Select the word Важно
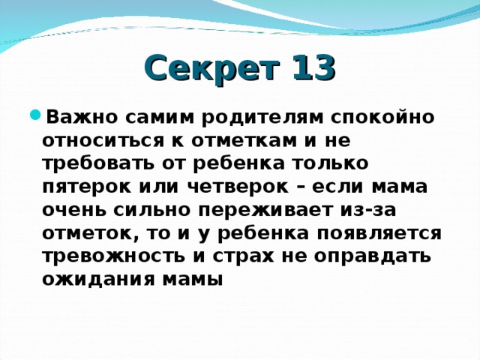click(78, 117)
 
